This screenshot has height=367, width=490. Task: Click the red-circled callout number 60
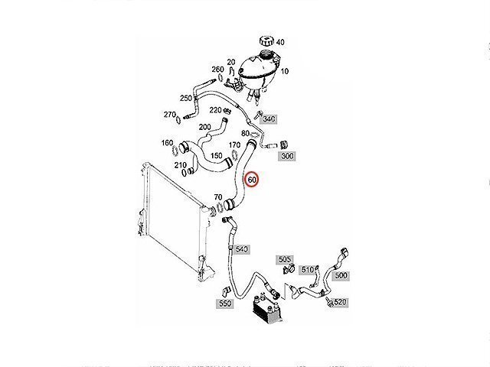pyautogui.click(x=252, y=180)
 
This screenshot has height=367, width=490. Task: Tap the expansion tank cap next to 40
pyautogui.click(x=266, y=41)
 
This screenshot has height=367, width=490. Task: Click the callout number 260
pyautogui.click(x=217, y=70)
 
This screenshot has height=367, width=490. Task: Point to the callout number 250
pyautogui.click(x=186, y=98)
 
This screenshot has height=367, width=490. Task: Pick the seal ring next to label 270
pyautogui.click(x=178, y=119)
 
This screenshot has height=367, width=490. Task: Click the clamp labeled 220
pyautogui.click(x=228, y=110)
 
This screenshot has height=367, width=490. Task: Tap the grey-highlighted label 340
pyautogui.click(x=269, y=119)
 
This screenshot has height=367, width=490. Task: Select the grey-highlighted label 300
pyautogui.click(x=287, y=156)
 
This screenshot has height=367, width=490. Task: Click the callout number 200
pyautogui.click(x=204, y=127)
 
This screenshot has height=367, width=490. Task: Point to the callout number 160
pyautogui.click(x=167, y=143)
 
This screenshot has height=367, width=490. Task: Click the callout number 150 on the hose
pyautogui.click(x=217, y=155)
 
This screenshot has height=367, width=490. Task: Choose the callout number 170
pyautogui.click(x=234, y=145)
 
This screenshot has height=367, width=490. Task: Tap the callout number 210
pyautogui.click(x=181, y=165)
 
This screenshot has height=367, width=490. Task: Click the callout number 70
pyautogui.click(x=218, y=197)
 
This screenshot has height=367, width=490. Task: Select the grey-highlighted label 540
pyautogui.click(x=242, y=249)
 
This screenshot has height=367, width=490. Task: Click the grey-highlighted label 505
pyautogui.click(x=284, y=259)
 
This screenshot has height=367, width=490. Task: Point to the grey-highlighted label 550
pyautogui.click(x=224, y=304)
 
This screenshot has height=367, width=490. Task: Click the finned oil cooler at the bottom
pyautogui.click(x=266, y=308)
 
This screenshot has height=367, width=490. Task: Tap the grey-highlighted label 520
pyautogui.click(x=340, y=302)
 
